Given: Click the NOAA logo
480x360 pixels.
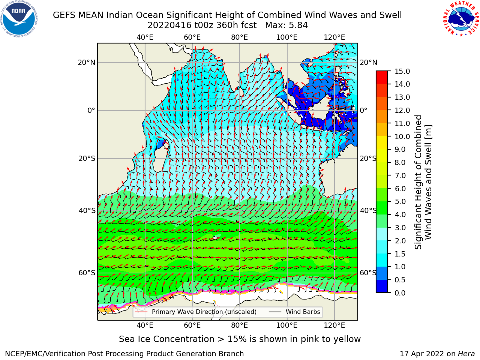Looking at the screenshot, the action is click(19, 19).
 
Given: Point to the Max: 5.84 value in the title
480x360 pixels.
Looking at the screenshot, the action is click(286, 25).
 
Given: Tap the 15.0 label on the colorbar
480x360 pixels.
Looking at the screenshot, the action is click(402, 71).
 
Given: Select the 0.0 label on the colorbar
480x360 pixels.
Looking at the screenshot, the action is click(400, 293).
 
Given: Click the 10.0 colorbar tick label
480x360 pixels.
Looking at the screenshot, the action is click(402, 136).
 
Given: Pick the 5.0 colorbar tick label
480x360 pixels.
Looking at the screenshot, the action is click(400, 201).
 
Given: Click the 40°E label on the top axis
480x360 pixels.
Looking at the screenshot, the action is click(145, 37).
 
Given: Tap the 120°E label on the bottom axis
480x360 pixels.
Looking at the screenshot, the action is click(334, 325).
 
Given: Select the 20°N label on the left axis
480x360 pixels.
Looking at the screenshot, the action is click(87, 63).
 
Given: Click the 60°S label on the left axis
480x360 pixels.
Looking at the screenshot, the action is click(87, 273).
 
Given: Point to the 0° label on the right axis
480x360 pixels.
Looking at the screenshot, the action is click(364, 110).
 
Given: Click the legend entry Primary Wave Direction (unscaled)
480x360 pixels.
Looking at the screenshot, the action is click(196, 312).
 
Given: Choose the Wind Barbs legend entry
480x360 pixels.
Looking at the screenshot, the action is click(294, 312).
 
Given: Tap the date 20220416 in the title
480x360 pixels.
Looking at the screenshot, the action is click(170, 25).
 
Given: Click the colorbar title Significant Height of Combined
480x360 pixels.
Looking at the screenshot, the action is click(418, 182).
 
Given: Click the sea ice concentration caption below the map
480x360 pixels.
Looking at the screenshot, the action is click(240, 339).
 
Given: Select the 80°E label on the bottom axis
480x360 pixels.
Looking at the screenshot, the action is click(240, 325).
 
